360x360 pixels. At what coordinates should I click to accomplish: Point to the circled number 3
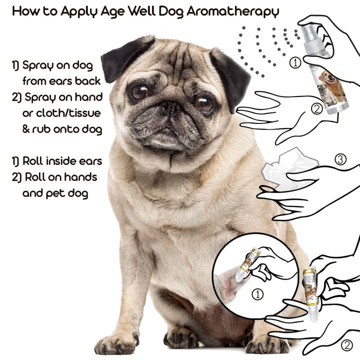pyautogui.click(x=340, y=159)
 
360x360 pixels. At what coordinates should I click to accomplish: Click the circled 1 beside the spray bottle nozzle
pyautogui.click(x=295, y=62)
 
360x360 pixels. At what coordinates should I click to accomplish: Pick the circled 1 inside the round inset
pyautogui.click(x=258, y=294)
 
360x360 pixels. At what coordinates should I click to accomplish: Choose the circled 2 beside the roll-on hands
pyautogui.click(x=346, y=344)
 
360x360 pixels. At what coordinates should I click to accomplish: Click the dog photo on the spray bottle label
pyautogui.click(x=332, y=85)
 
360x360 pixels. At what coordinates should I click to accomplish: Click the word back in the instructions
pyautogui.click(x=90, y=80)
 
